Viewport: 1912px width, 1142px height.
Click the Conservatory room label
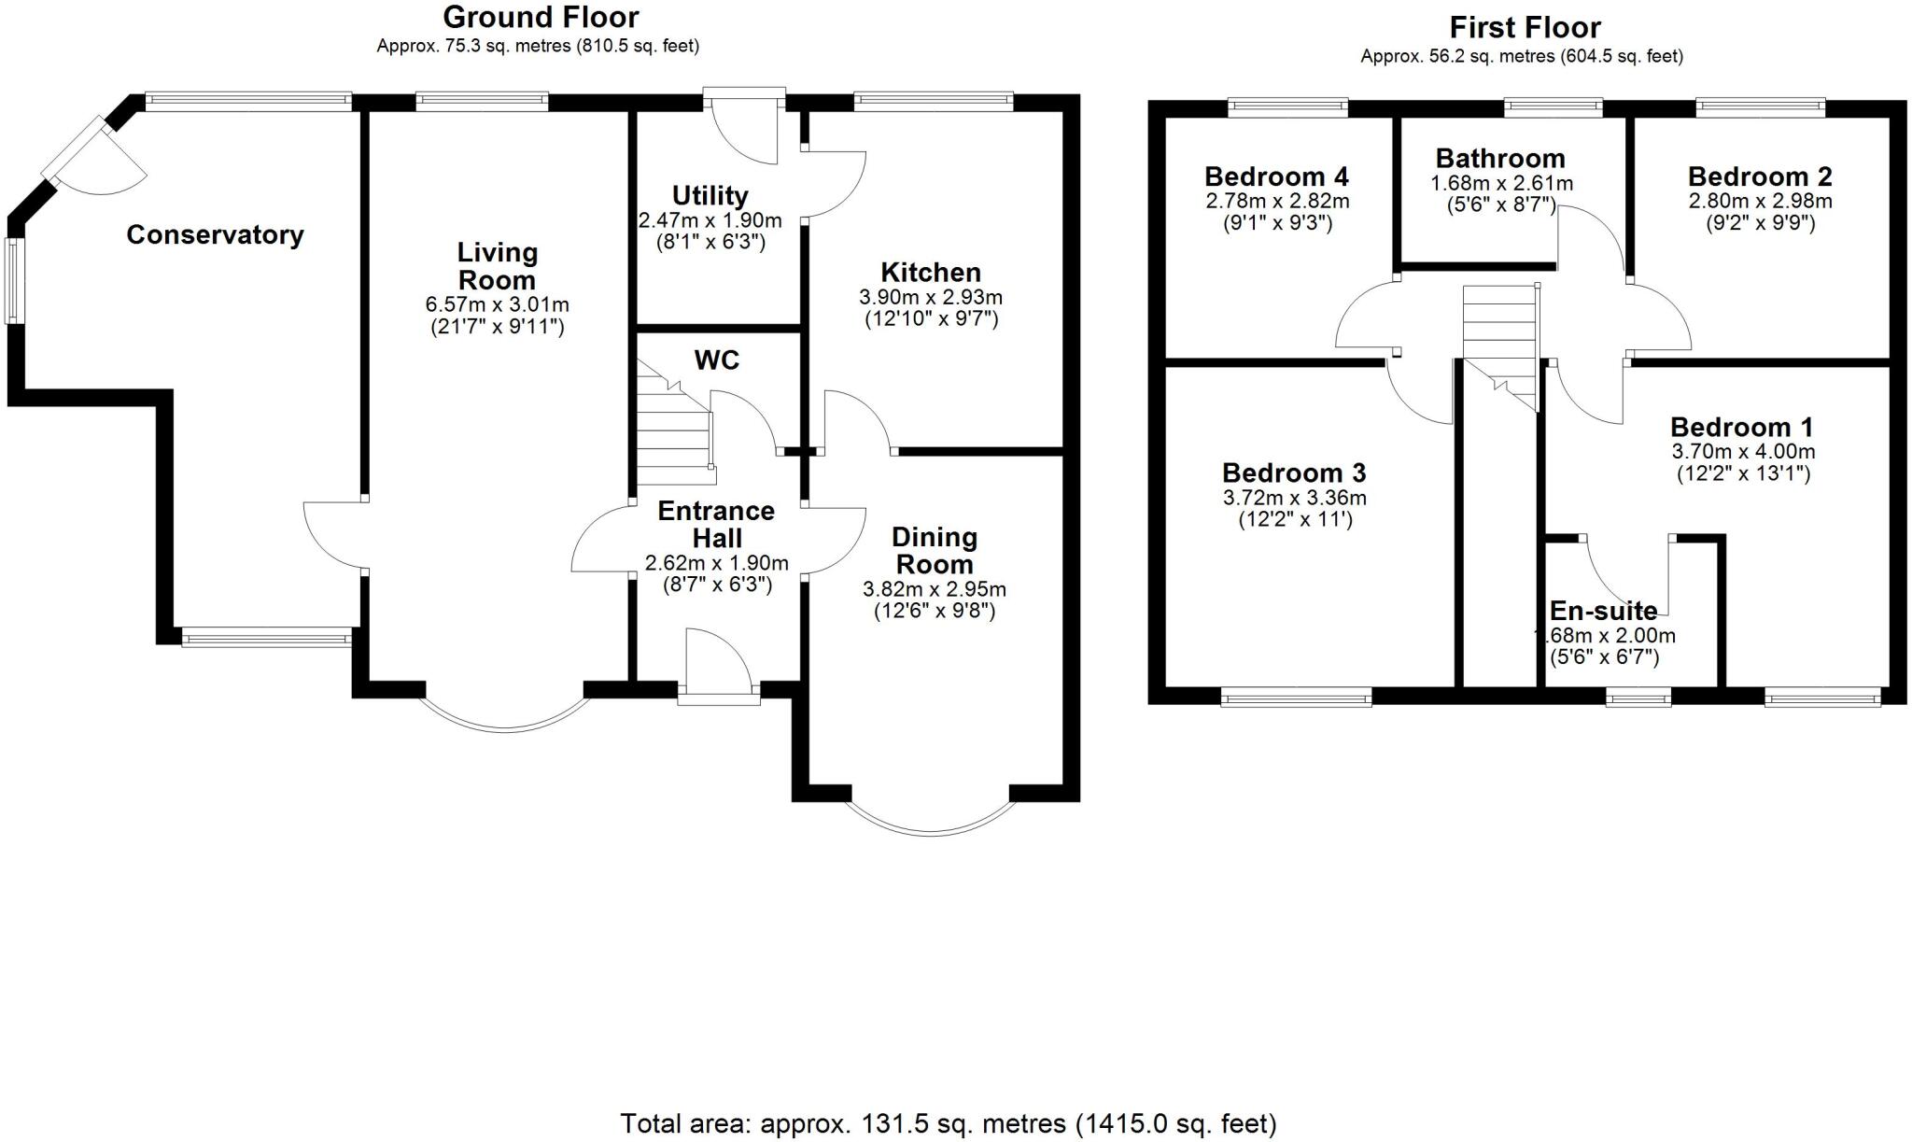pos(215,234)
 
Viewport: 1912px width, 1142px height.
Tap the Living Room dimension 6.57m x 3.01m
pos(497,304)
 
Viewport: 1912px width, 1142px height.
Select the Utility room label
pos(710,196)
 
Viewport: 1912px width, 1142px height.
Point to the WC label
pos(716,360)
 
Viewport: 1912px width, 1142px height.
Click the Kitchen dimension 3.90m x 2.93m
pos(930,297)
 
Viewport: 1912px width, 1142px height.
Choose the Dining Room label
pos(934,551)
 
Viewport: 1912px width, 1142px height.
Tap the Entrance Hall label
pos(716,524)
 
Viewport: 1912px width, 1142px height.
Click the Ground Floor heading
pos(541,17)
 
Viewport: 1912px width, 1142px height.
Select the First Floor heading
pos(1525,27)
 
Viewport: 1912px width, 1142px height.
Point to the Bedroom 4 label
pos(1276,176)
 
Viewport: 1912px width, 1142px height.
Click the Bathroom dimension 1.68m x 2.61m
pos(1501,184)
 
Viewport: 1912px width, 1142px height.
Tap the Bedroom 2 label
pos(1759,176)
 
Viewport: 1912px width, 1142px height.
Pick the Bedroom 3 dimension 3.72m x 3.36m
pos(1294,498)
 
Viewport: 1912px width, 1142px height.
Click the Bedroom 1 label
pos(1741,427)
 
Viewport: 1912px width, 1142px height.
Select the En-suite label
pos(1603,611)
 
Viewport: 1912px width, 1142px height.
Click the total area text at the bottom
pos(948,1122)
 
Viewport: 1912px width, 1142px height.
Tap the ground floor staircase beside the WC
pos(675,430)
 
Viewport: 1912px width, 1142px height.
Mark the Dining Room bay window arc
pos(931,825)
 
